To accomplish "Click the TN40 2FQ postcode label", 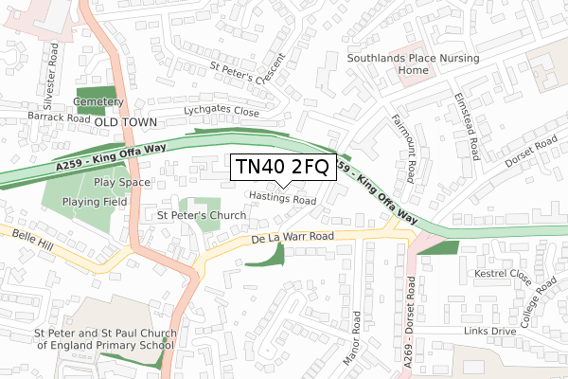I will [x=281, y=168].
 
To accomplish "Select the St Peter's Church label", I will [x=202, y=216].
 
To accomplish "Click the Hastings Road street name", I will [x=282, y=200].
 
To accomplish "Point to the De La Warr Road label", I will [x=293, y=236].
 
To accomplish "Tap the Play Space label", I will [x=122, y=182].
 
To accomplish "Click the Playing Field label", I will [x=95, y=202].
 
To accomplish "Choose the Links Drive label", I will [x=489, y=331].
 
